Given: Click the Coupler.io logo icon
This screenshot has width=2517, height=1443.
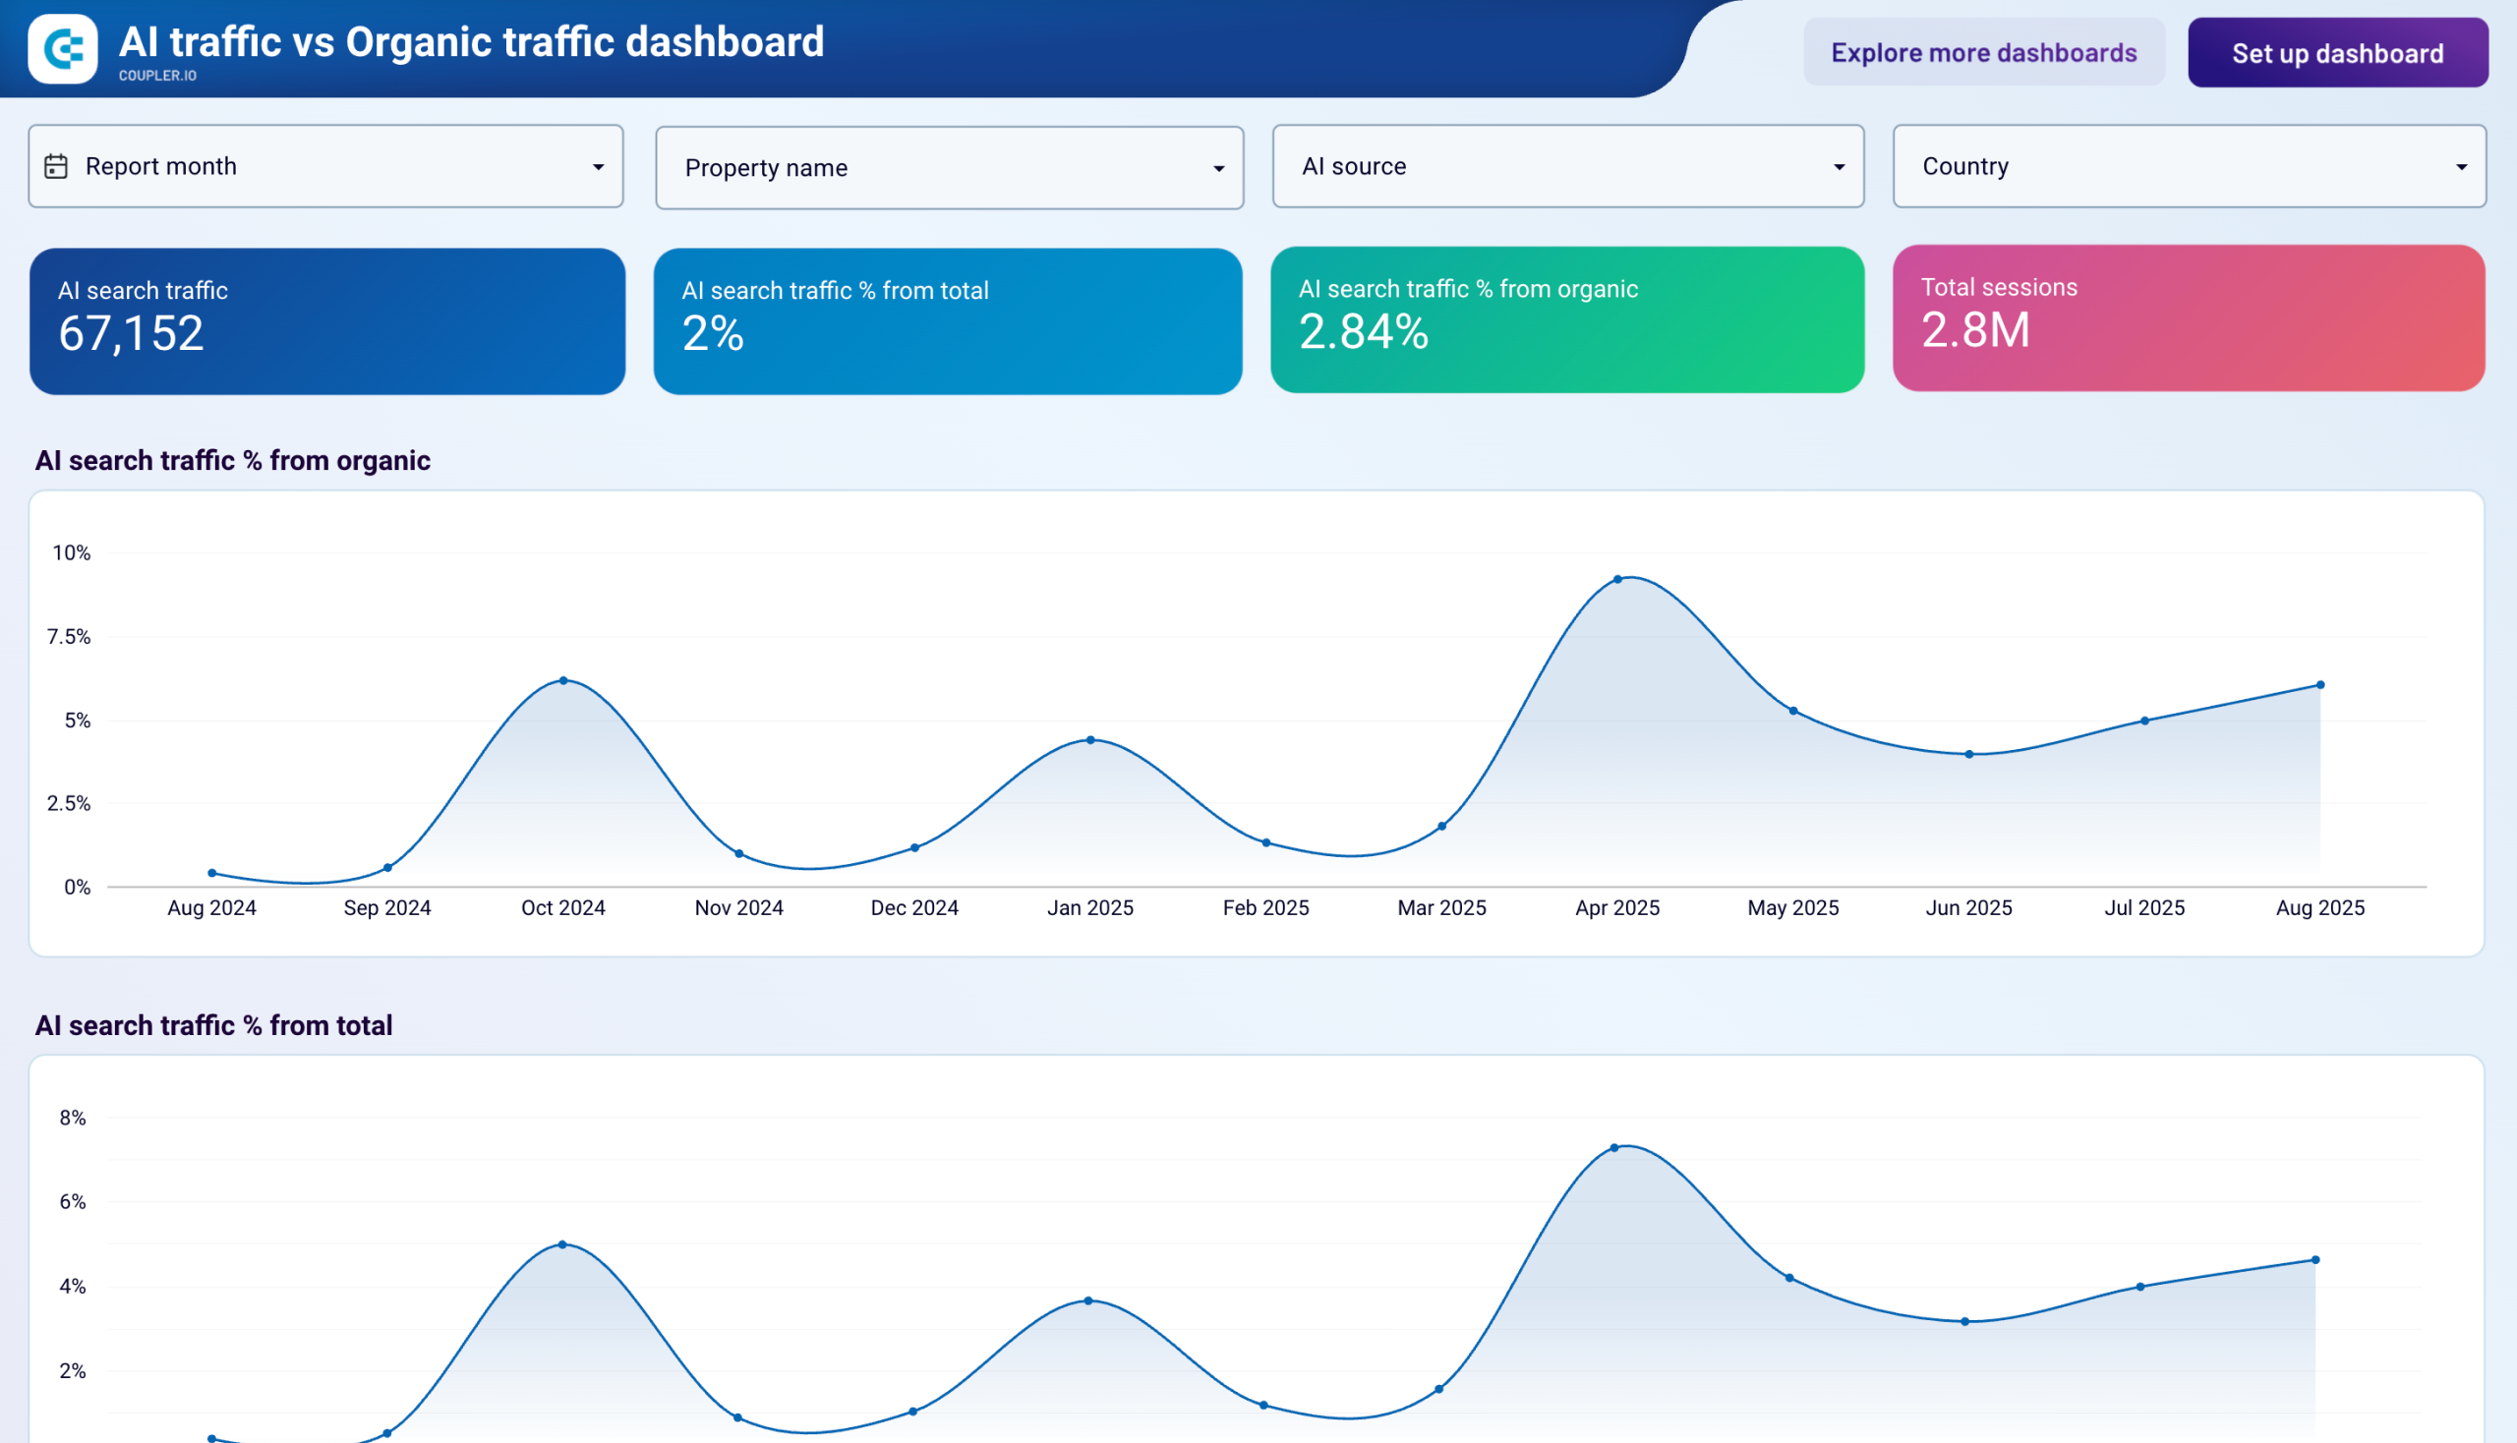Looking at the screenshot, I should [x=63, y=48].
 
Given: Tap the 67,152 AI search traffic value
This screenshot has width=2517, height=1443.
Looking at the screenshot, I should [x=131, y=333].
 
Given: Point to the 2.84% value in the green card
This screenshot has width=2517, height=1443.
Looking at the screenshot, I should [x=1363, y=331].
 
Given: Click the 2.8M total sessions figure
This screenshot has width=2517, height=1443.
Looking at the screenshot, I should [x=1974, y=330].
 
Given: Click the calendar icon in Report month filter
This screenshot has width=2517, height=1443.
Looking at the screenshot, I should [x=56, y=166].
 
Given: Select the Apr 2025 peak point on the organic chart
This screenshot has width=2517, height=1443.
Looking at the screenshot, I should [x=1616, y=579].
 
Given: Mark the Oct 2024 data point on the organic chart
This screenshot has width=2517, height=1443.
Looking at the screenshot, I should [x=563, y=680].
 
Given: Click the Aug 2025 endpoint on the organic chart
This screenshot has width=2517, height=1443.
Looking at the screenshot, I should [x=2319, y=685].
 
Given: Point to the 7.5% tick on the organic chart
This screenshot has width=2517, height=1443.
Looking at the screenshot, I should [x=69, y=636].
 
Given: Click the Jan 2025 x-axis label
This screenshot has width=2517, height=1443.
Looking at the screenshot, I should [x=1089, y=908].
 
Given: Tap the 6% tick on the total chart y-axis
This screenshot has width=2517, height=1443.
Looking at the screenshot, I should [x=73, y=1201].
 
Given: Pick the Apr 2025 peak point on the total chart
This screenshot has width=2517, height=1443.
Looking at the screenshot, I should [x=1613, y=1148].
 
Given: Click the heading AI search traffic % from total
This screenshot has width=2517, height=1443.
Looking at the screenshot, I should [x=213, y=1025].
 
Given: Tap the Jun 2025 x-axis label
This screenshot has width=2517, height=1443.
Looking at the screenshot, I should [x=1967, y=908].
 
